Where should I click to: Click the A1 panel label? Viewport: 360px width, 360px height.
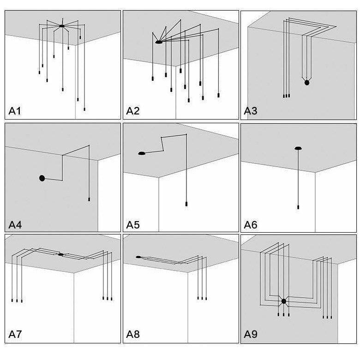[x=15, y=111]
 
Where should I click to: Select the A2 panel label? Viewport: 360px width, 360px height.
[x=133, y=111]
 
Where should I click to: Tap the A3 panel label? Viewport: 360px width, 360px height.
[x=251, y=111]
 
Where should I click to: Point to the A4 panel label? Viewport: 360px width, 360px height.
[x=15, y=225]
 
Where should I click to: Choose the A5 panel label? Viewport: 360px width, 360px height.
[x=133, y=225]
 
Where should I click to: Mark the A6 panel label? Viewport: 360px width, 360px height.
[x=251, y=225]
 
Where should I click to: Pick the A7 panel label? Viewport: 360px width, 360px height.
[x=15, y=334]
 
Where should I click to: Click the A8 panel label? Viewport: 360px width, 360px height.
[x=133, y=334]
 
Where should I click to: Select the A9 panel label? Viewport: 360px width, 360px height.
[x=251, y=334]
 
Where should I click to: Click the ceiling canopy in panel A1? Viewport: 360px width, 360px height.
[x=62, y=26]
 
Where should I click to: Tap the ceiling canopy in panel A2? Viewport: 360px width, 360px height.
[x=158, y=42]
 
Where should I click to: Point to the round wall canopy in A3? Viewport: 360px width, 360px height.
[x=306, y=83]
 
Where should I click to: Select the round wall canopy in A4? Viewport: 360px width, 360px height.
[x=42, y=178]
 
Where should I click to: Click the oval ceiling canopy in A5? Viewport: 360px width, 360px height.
[x=142, y=153]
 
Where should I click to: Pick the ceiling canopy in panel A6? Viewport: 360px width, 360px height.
[x=298, y=148]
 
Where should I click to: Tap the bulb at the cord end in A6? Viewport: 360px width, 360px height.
[x=298, y=207]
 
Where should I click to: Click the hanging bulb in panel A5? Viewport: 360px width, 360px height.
[x=186, y=204]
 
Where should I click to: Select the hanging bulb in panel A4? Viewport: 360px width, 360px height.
[x=89, y=199]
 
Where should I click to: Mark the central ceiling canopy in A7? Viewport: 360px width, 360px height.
[x=60, y=254]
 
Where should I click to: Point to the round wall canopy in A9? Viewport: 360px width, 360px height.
[x=283, y=301]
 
